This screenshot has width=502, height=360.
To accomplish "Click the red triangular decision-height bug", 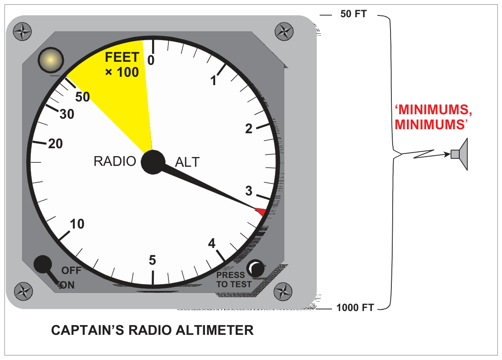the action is pyautogui.click(x=261, y=212).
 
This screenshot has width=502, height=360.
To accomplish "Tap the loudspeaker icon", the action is pyautogui.click(x=460, y=154).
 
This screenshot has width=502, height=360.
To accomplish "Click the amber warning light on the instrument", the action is pyautogui.click(x=51, y=60).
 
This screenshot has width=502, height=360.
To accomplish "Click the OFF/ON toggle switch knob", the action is pyautogui.click(x=43, y=264).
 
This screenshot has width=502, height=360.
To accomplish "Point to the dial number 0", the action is pyautogui.click(x=151, y=60).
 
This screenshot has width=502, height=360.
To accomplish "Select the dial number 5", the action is pyautogui.click(x=152, y=260).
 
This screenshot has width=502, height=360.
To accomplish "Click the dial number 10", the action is pyautogui.click(x=77, y=224).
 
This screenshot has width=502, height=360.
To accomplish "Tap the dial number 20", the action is pyautogui.click(x=56, y=144).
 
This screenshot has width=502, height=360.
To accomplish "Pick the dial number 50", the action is pyautogui.click(x=82, y=97).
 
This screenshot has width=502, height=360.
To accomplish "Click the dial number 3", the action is pyautogui.click(x=249, y=191).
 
